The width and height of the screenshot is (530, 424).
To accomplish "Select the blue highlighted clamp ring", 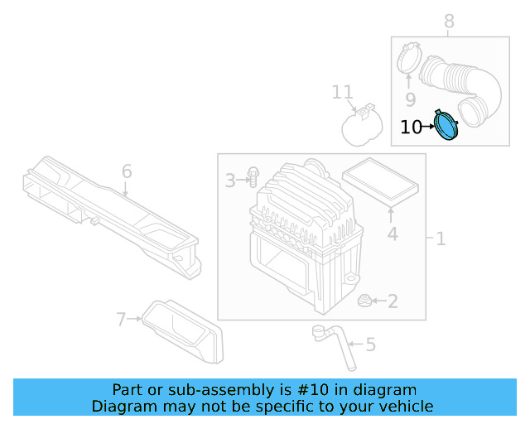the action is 447,126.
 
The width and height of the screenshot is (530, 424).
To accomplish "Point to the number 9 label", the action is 410,100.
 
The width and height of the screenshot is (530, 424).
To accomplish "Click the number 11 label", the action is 342,92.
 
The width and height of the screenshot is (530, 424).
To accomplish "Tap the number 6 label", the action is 127,171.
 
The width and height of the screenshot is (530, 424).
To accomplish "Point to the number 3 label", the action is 230,179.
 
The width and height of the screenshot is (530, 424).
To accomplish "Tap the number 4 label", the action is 393,234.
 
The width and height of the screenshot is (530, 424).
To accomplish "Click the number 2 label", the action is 393,301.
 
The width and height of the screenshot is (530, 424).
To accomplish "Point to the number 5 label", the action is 370,343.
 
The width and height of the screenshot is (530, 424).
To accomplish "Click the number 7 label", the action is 122,318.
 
